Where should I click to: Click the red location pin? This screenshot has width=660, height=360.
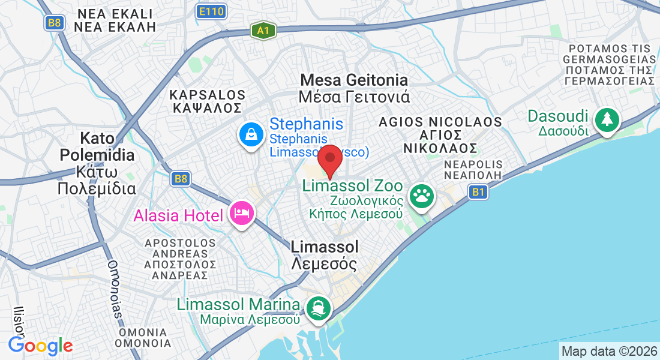[329, 161]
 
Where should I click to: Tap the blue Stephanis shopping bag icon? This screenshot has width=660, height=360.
[251, 134]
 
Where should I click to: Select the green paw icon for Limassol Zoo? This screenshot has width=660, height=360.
[422, 196]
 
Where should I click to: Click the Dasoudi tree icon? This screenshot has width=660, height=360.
[607, 119]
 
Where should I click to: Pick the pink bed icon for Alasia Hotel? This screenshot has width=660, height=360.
[241, 214]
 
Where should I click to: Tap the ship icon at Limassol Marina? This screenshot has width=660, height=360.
[318, 308]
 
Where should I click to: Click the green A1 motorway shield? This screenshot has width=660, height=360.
[263, 31]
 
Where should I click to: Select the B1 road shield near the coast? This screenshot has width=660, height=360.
[478, 192]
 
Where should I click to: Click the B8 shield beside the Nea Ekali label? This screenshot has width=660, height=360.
[55, 23]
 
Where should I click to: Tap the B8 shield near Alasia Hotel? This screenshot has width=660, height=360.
[180, 178]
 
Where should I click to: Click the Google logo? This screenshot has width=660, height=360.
[40, 346]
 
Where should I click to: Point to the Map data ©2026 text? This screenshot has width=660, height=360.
[608, 351]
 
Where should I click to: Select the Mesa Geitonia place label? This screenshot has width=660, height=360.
[355, 88]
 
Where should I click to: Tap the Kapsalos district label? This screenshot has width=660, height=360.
[208, 101]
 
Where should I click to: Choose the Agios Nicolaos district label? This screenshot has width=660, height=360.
[440, 134]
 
